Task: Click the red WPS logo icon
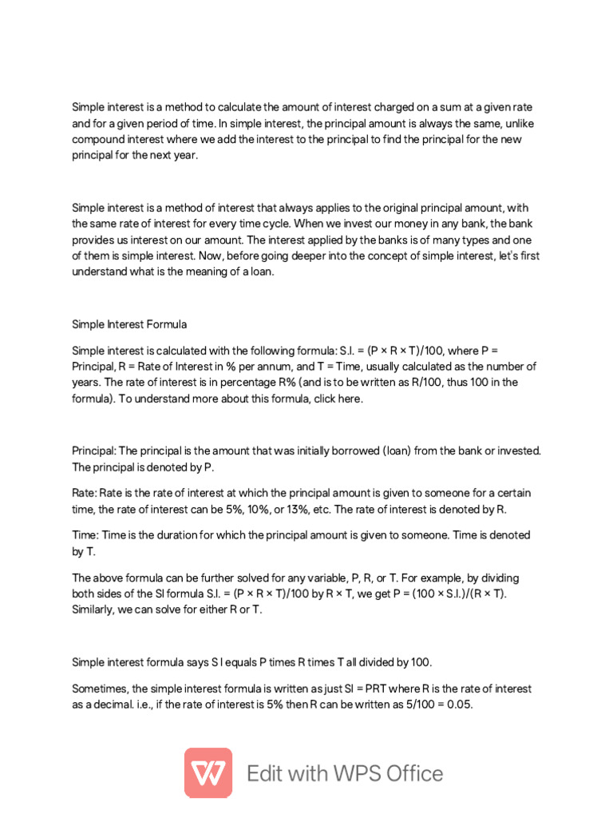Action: (208, 772)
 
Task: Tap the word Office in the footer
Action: (406, 773)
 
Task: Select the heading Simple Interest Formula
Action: (129, 324)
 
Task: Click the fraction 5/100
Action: (404, 704)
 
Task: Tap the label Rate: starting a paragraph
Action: (85, 493)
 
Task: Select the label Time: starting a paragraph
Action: (86, 534)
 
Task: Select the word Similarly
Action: (95, 610)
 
